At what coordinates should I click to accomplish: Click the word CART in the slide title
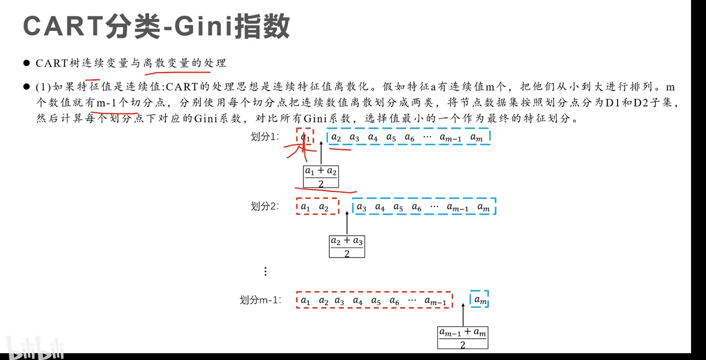click(62, 27)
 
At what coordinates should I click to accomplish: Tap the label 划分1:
click(264, 136)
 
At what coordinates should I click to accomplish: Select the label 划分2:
click(264, 206)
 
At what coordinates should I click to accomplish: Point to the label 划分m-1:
click(260, 300)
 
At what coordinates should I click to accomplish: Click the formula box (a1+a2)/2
click(321, 177)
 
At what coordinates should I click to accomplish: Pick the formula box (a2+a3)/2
click(347, 246)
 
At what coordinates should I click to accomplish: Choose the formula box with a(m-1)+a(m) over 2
click(462, 337)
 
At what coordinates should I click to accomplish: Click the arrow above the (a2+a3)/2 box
click(347, 223)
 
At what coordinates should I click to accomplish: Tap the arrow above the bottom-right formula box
click(463, 315)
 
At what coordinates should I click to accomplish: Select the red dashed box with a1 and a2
click(317, 207)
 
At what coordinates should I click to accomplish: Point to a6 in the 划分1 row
click(409, 137)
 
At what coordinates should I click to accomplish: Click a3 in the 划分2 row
click(361, 207)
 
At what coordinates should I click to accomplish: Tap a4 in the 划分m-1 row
click(357, 301)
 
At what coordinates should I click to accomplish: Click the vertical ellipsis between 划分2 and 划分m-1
click(265, 271)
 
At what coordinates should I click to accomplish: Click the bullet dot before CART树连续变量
click(27, 63)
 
